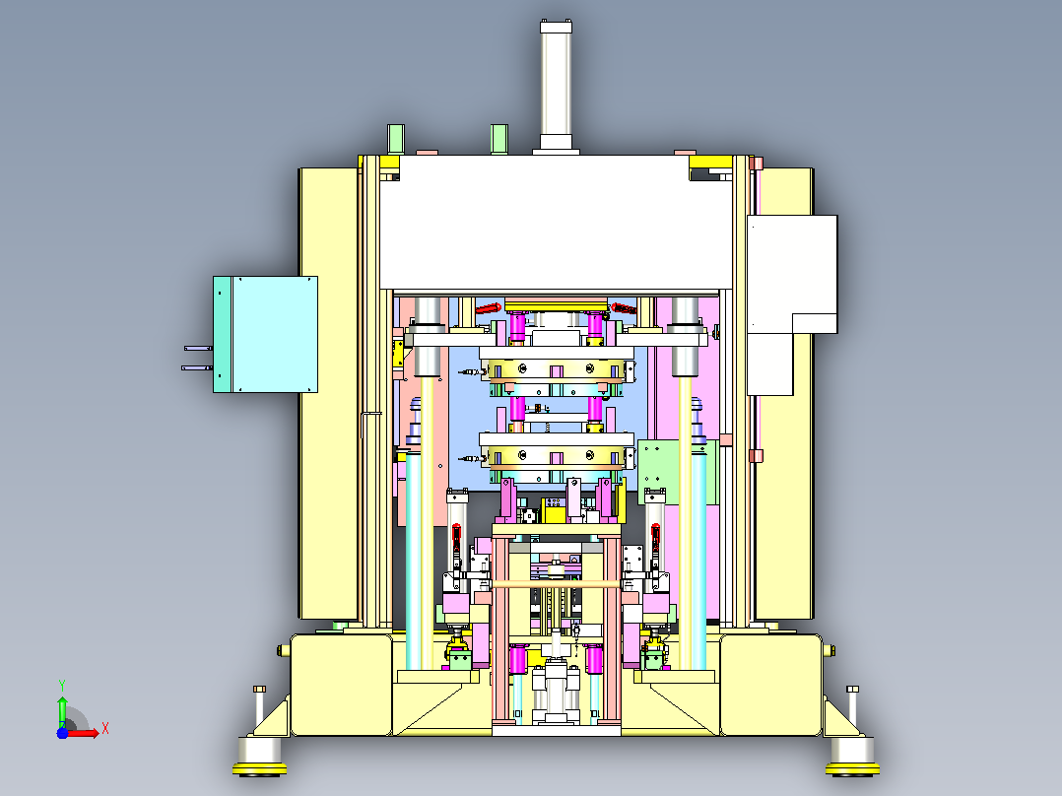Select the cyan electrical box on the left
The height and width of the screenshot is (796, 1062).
266,334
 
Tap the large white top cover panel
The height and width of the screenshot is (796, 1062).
556,223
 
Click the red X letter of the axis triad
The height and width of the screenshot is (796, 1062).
105,729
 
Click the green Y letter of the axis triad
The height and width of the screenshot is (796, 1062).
62,685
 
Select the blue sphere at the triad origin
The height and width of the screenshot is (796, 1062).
62,733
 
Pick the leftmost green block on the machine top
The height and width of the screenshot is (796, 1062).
396,140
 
